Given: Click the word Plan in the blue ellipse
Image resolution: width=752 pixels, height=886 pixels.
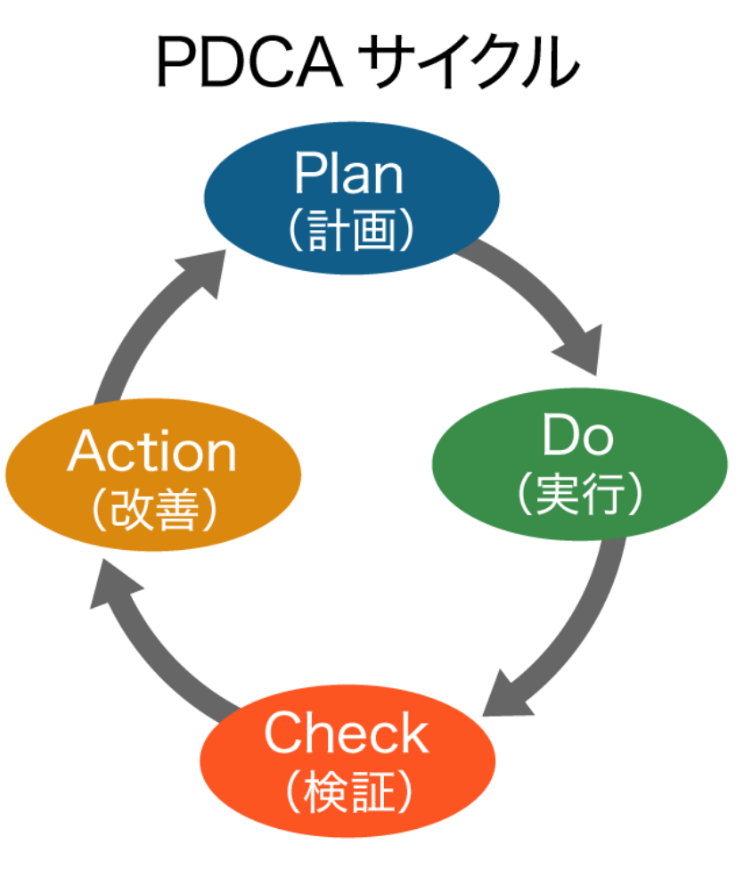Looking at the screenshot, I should [349, 174].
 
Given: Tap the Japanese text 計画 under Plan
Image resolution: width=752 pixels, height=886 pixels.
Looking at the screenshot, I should [350, 232].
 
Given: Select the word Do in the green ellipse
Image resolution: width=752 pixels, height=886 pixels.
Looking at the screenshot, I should [578, 436].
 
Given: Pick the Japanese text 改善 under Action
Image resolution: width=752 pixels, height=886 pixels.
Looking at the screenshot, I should [153, 510].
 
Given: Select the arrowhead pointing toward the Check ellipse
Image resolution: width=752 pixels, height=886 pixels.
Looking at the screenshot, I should [505, 694].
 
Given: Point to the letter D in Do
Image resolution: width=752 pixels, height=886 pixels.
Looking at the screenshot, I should [560, 436].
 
